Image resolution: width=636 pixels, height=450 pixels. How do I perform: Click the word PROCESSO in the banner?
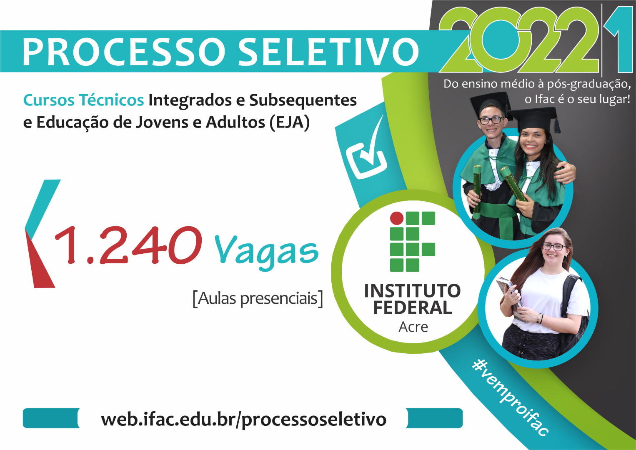(124, 52)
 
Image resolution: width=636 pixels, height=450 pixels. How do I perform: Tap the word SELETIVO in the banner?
(328, 52)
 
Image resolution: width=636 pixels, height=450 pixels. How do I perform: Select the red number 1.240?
(128, 245)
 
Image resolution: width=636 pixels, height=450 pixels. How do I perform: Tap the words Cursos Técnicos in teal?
(83, 100)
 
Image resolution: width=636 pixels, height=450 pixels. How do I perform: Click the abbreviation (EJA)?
(289, 122)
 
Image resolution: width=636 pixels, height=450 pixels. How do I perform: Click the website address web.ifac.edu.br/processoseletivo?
(244, 419)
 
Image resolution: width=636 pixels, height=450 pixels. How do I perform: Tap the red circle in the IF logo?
(397, 218)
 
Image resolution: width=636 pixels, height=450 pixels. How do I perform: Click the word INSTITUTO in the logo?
(413, 291)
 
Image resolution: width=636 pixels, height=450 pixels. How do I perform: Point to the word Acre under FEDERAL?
(413, 327)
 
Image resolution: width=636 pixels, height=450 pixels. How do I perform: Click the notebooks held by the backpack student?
(511, 297)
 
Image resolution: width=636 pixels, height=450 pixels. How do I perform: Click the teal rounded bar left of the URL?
(51, 418)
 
